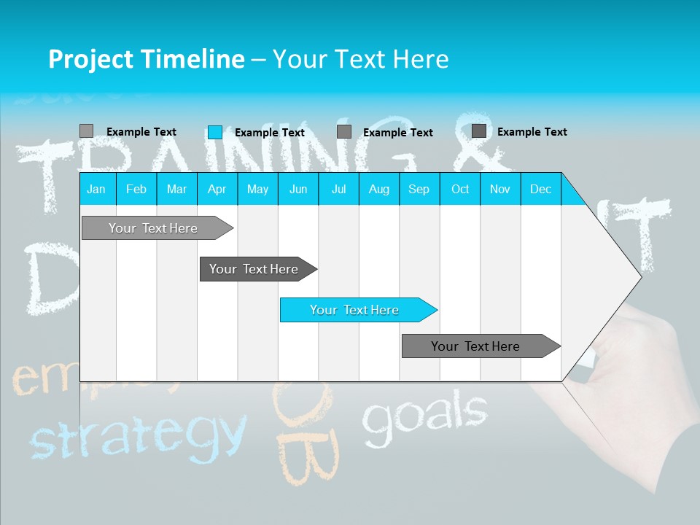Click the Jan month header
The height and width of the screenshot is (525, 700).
96,189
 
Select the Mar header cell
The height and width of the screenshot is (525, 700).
176,189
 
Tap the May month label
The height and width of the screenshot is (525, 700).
257,189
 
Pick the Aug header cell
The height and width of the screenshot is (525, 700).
378,189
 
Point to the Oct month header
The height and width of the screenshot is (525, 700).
460,189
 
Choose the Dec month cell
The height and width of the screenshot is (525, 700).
540,189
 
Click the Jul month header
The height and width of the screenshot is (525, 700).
338,189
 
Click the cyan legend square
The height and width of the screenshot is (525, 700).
215,132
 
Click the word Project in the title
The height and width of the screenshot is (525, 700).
91,59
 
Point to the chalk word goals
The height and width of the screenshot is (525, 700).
424,413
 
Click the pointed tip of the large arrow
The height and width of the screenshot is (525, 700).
639,277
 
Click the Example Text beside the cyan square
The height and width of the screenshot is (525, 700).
269,132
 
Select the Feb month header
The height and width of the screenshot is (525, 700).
136,189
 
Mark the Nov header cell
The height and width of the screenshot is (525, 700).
500,189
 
